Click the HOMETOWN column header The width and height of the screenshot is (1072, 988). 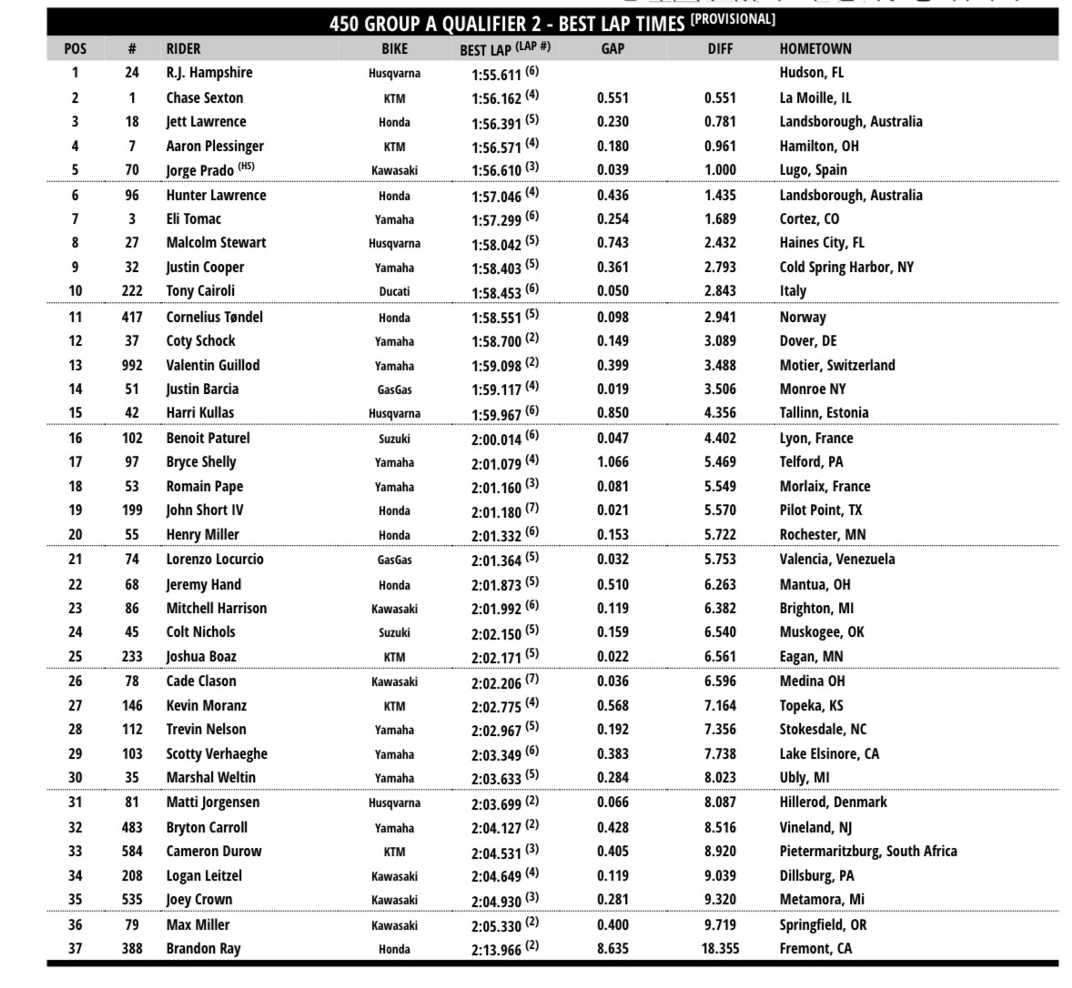(x=815, y=49)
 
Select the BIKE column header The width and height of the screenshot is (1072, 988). (x=394, y=49)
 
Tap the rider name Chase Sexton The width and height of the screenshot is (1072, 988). (x=205, y=98)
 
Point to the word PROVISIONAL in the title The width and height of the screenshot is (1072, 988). (x=733, y=19)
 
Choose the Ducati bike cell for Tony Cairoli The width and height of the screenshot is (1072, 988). (x=394, y=292)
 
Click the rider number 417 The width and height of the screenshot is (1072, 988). (x=132, y=318)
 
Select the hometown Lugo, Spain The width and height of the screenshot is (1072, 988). (x=813, y=170)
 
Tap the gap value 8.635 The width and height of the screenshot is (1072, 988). (x=612, y=949)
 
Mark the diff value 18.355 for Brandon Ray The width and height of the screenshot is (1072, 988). (x=720, y=949)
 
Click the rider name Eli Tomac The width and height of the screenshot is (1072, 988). (x=193, y=219)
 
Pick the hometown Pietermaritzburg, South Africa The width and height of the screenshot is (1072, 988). (x=868, y=852)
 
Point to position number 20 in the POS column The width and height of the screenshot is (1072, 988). (x=76, y=535)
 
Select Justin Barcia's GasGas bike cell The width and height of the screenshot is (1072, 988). (x=394, y=389)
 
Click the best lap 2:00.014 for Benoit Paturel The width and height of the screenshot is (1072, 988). (x=496, y=439)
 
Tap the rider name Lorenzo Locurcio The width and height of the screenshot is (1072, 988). (x=215, y=560)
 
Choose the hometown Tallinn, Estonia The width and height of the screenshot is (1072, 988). (x=824, y=413)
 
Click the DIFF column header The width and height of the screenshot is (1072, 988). (x=720, y=49)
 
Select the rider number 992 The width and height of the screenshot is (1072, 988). (x=132, y=366)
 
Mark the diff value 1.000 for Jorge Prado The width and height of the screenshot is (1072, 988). (x=720, y=170)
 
